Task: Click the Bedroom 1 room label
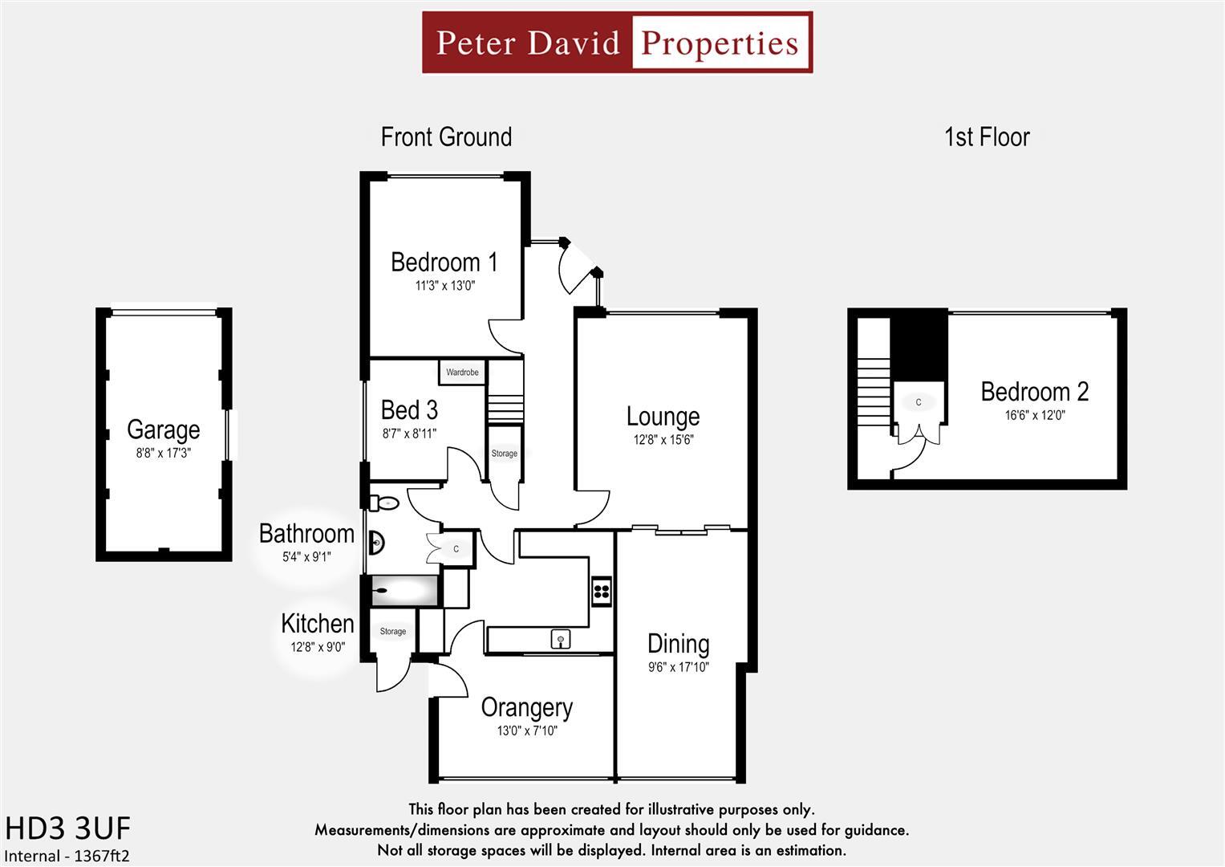(x=444, y=263)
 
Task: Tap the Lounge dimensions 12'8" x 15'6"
(x=663, y=440)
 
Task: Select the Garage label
(x=164, y=430)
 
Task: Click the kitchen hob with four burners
(x=602, y=591)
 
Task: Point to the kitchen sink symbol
(x=561, y=639)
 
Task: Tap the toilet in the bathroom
(x=385, y=503)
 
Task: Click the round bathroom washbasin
(x=377, y=543)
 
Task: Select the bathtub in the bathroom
(x=404, y=591)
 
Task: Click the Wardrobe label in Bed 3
(x=462, y=372)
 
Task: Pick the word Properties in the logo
(x=720, y=43)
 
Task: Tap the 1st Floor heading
(x=987, y=136)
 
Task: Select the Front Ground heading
(x=446, y=136)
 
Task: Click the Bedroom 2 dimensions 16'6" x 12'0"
(x=1035, y=415)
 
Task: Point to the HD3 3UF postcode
(x=68, y=828)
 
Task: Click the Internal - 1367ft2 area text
(x=67, y=856)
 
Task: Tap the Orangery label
(x=527, y=708)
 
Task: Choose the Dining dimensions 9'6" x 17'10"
(x=679, y=666)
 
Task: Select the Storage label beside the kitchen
(x=392, y=631)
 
